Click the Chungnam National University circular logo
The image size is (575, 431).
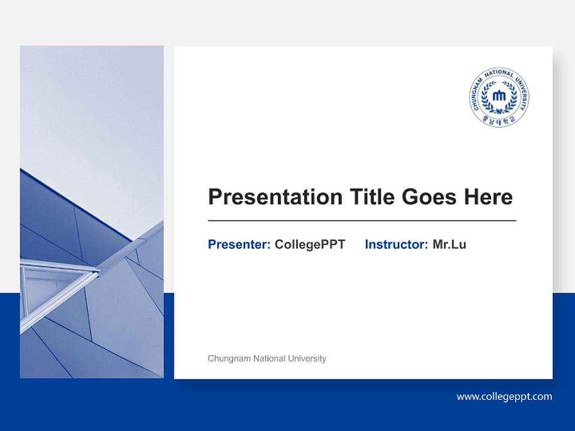(x=499, y=97)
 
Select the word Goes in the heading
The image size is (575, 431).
(x=429, y=197)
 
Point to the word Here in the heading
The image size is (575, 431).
(x=488, y=197)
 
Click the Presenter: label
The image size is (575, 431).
(x=239, y=244)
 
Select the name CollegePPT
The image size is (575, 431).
(x=310, y=244)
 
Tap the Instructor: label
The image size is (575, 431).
(x=396, y=244)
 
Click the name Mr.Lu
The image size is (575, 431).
(x=449, y=244)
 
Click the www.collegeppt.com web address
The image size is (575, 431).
(x=504, y=396)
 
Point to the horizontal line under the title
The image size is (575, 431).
(x=362, y=221)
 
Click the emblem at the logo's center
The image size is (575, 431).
(x=499, y=96)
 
